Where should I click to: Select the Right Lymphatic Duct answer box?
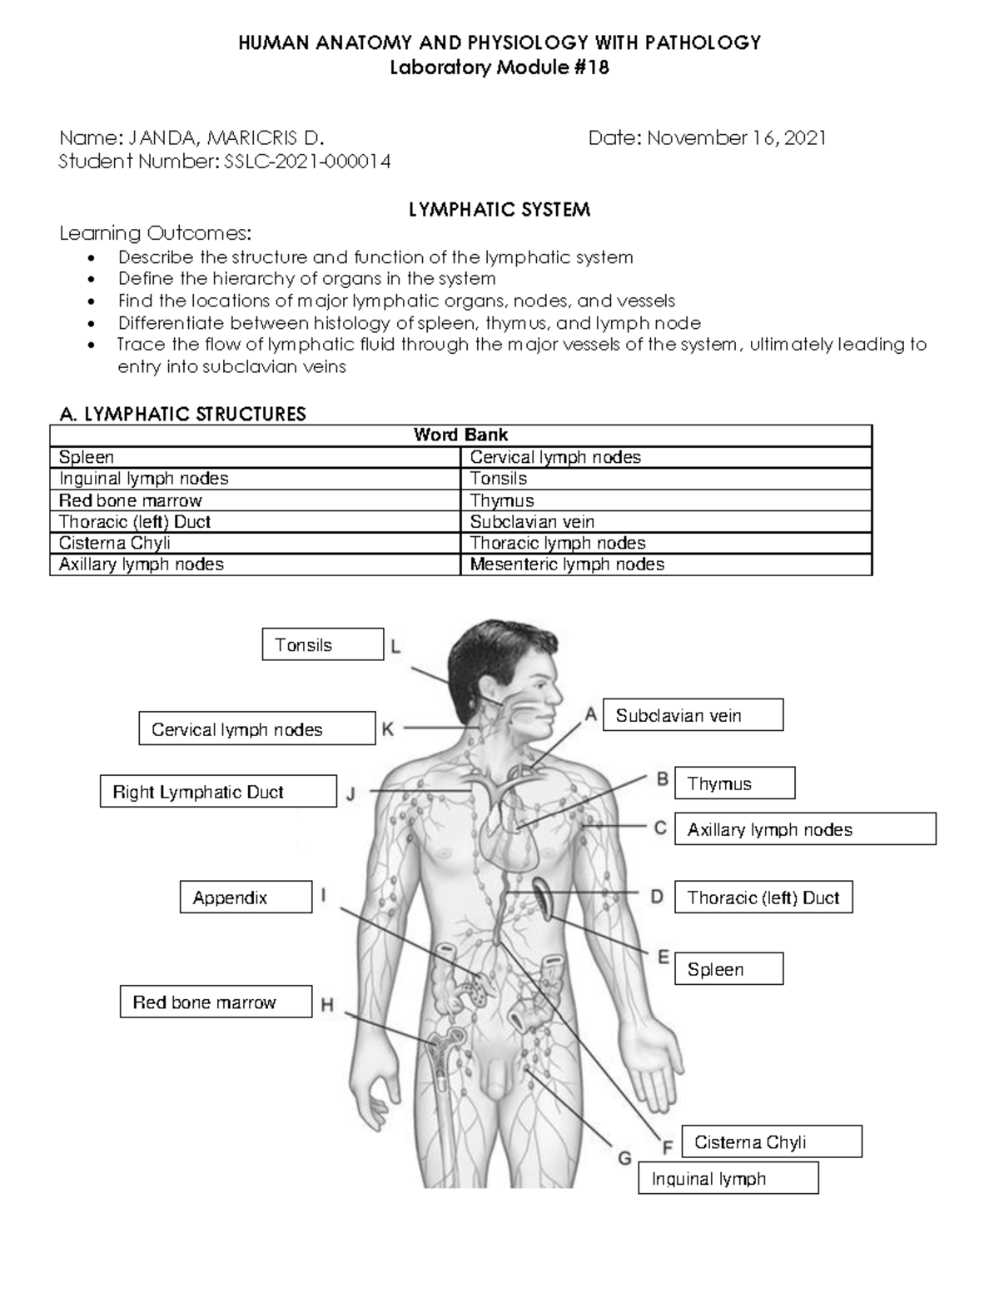(218, 792)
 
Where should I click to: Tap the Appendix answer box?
(246, 898)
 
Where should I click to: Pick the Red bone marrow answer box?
(216, 1002)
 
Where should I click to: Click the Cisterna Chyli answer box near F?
(771, 1142)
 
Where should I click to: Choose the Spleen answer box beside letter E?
(728, 969)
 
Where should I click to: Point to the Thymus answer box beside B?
(734, 783)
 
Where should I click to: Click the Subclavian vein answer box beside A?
(693, 715)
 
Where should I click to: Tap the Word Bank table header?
(460, 435)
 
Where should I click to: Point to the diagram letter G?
(624, 1158)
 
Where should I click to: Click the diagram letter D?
(657, 898)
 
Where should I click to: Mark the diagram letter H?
(327, 1006)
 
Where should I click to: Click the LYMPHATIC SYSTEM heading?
(499, 210)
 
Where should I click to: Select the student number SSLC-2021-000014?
(307, 162)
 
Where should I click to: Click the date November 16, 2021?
(736, 138)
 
